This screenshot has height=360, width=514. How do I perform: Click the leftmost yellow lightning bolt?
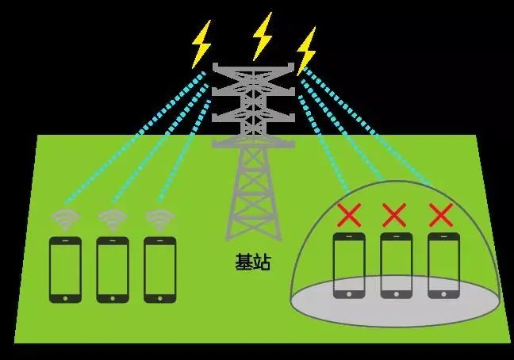click(x=201, y=44)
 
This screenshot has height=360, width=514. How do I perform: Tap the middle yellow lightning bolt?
click(x=263, y=36)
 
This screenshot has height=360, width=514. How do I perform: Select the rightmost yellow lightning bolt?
click(x=306, y=51)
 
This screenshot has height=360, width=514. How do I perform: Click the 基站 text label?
click(x=253, y=262)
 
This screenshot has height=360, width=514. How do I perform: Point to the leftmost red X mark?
click(x=349, y=215)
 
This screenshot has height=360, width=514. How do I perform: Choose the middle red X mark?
click(x=394, y=215)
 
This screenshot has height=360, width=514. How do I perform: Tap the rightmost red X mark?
click(x=441, y=215)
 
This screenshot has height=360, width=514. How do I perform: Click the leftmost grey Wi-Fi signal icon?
click(x=65, y=219)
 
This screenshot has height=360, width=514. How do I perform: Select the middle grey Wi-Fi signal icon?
click(x=113, y=219)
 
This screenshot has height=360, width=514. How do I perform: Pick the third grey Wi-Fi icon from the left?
click(x=160, y=219)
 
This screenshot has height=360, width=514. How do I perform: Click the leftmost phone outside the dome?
click(x=65, y=270)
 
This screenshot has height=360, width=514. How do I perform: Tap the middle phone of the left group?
click(x=113, y=270)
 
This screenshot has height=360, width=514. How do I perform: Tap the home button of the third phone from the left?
click(x=160, y=298)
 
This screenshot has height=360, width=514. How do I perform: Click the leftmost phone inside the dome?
click(x=349, y=266)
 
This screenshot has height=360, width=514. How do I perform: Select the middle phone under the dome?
click(x=397, y=266)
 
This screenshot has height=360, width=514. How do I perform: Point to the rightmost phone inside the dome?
click(x=443, y=266)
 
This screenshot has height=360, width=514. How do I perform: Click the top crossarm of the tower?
click(x=253, y=69)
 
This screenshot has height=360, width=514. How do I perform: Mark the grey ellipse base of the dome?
click(x=395, y=301)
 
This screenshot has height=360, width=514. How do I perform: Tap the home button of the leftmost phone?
click(x=65, y=298)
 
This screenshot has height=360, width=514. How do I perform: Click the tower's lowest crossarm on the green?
click(x=253, y=144)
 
